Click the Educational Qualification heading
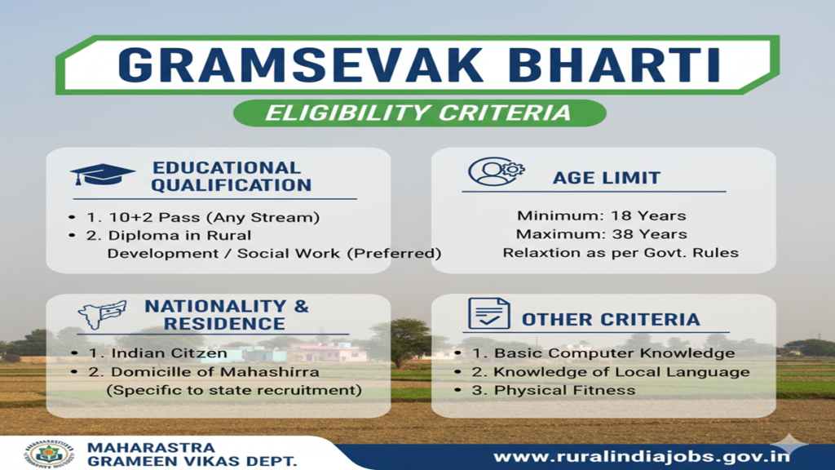[x=231, y=176]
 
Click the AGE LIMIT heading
[x=607, y=178]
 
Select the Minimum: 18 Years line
[x=601, y=216]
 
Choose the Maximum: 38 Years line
[x=601, y=234]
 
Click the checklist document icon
[x=488, y=314]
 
